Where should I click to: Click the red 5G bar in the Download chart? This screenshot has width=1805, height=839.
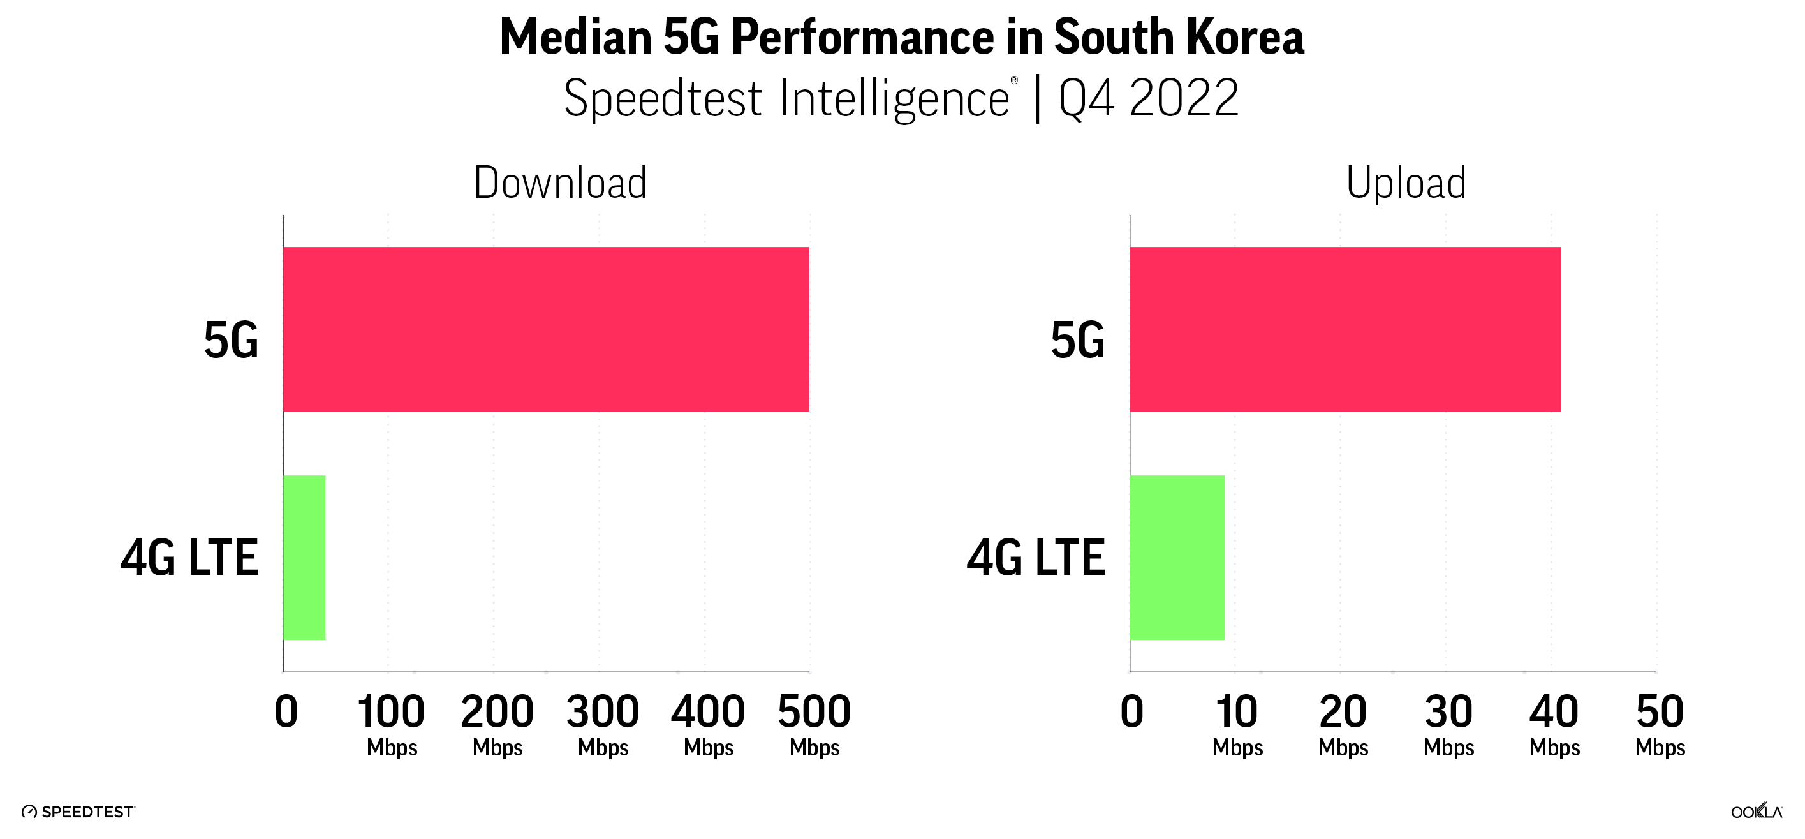tap(546, 329)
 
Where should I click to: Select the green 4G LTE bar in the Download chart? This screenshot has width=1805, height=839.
tap(304, 557)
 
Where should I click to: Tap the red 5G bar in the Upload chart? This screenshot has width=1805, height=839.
tap(1345, 329)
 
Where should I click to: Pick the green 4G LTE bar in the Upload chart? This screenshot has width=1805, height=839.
tap(1177, 557)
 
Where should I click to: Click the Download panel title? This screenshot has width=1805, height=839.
tap(560, 183)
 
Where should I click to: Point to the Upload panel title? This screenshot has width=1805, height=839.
tap(1406, 183)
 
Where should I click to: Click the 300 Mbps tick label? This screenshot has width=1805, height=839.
tap(603, 724)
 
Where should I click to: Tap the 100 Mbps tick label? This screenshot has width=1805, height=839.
tap(391, 724)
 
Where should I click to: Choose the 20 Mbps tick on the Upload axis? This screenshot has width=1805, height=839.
tap(1343, 724)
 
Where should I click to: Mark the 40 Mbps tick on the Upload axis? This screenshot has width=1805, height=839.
tap(1554, 724)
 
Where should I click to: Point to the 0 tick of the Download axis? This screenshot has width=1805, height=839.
tap(286, 712)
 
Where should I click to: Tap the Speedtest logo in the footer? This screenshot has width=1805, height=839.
tap(78, 812)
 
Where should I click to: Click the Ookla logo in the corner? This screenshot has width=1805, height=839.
tap(1756, 811)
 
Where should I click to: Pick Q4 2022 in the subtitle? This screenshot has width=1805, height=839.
tap(1149, 98)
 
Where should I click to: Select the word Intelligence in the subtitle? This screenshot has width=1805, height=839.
tap(894, 98)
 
